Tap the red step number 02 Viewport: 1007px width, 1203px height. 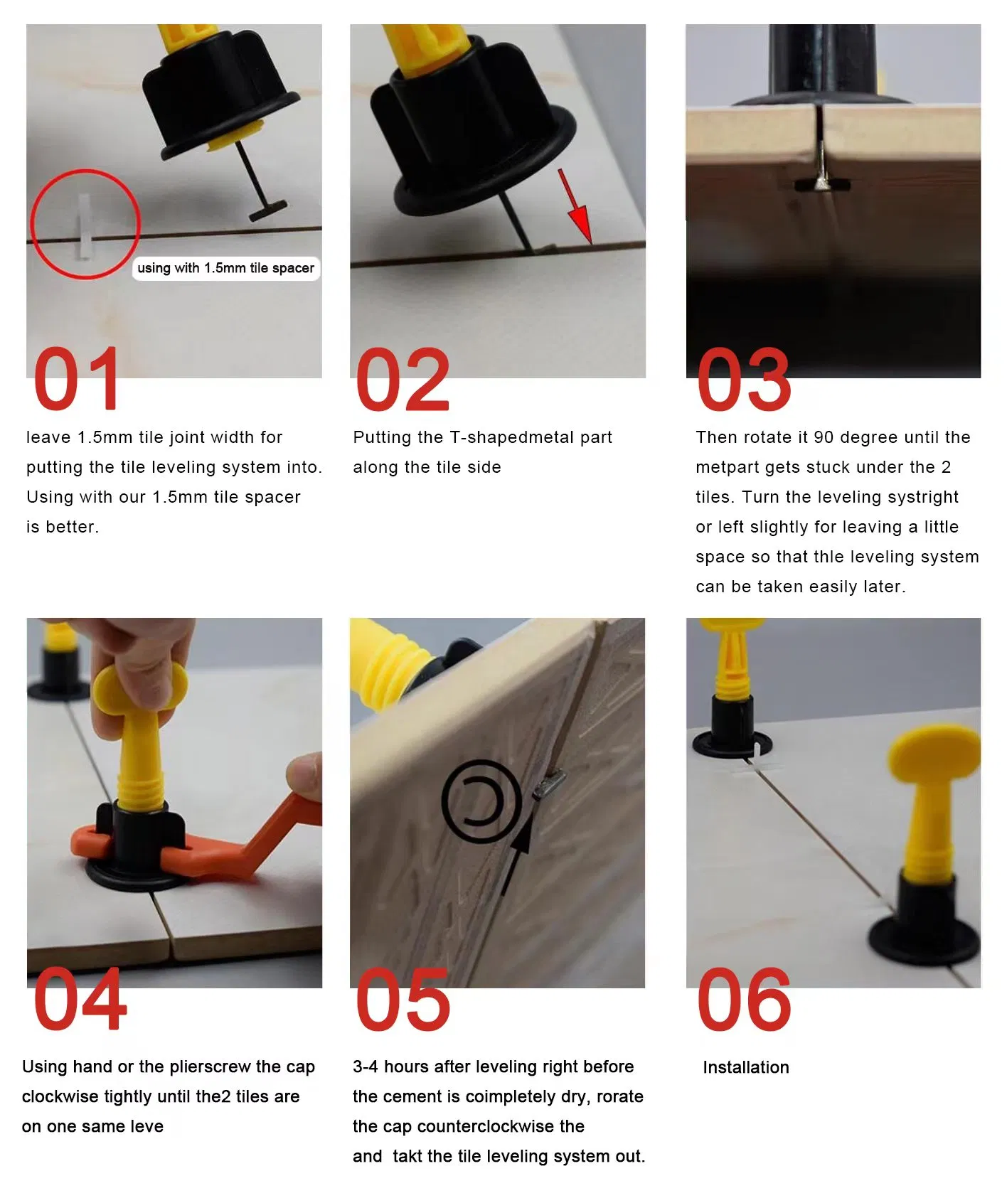pos(403,380)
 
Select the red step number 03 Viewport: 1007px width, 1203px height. pos(743,380)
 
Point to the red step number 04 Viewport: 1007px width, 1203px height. pos(80,999)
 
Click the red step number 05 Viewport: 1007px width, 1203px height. pos(403,999)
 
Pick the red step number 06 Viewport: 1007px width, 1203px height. pos(743,999)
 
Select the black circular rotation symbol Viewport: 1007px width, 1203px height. pos(481,801)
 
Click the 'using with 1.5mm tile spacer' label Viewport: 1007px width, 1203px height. pos(225,268)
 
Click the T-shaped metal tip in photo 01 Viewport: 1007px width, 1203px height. pos(267,210)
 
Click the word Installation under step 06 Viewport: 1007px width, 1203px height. pos(745,1067)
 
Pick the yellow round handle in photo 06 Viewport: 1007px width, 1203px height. pos(934,754)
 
